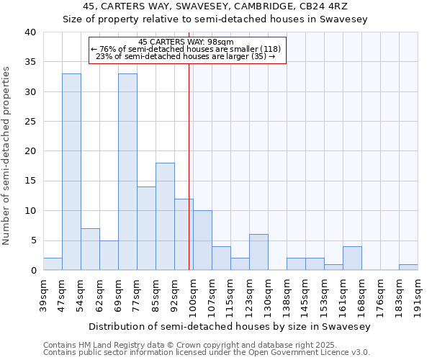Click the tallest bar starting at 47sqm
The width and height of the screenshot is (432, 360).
point(71,172)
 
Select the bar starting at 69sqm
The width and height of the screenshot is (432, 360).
point(127,172)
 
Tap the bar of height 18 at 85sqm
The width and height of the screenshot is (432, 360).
point(165,217)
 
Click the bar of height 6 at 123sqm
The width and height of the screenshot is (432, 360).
point(258,252)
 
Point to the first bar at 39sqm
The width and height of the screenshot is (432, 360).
point(53,264)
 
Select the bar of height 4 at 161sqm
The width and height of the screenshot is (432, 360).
point(352,258)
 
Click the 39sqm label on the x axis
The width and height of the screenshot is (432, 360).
point(43,292)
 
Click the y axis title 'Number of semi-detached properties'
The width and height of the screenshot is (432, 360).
point(7,156)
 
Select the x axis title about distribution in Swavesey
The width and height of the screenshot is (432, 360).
point(229,326)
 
